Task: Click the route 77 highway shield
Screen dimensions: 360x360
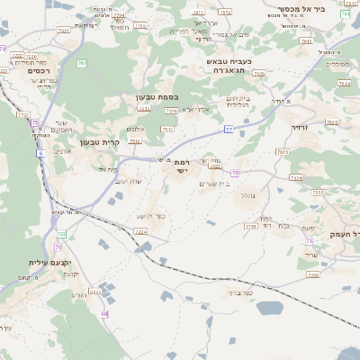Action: [229, 130]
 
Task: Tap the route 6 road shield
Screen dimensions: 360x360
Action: [40, 154]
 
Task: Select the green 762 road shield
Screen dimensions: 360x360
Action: [81, 63]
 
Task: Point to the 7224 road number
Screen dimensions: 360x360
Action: [140, 231]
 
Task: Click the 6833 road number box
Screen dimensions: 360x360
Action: [94, 292]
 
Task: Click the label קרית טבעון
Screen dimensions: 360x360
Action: [99, 141]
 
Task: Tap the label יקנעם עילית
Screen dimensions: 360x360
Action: [32, 262]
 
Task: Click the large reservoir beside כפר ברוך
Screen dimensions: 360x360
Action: [268, 308]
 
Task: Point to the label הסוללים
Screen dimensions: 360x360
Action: [336, 64]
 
